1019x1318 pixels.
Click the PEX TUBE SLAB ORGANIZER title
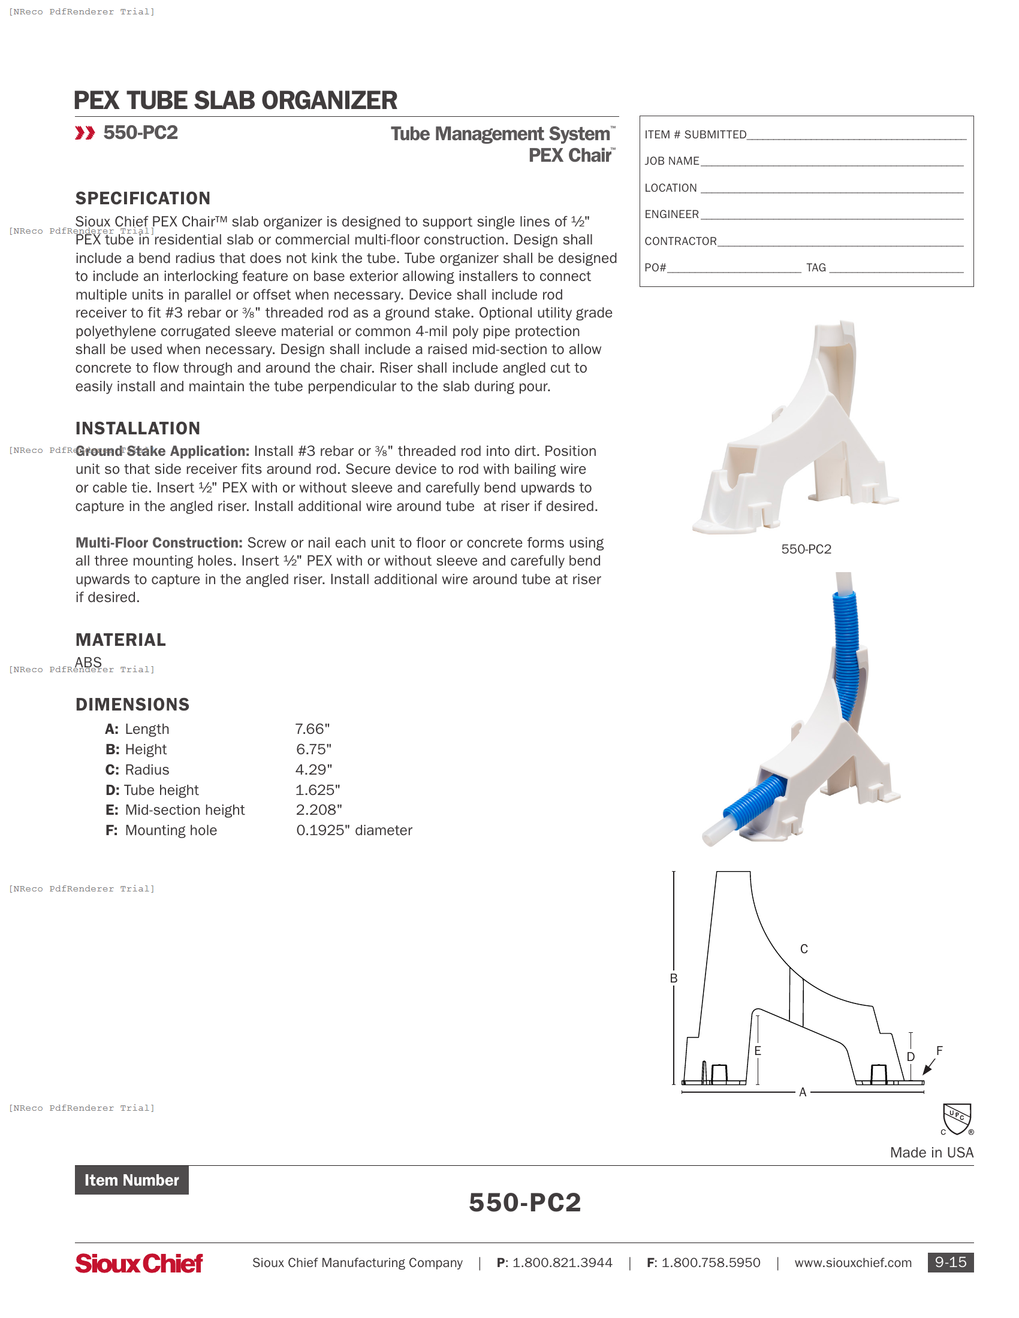coord(235,101)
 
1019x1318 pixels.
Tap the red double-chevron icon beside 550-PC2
coord(85,133)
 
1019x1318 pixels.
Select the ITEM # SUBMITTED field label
coord(695,135)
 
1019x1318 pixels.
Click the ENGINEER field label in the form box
coord(671,214)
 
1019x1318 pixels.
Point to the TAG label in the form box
coord(816,267)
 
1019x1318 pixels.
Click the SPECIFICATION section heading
coord(143,198)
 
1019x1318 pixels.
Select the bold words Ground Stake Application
coord(162,451)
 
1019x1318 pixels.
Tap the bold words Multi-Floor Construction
coord(159,543)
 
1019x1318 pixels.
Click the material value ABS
coord(88,662)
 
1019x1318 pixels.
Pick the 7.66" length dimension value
coord(312,729)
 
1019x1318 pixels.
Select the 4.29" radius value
coord(313,769)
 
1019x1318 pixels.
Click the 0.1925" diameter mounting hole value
coord(354,830)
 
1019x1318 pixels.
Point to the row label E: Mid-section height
coord(175,810)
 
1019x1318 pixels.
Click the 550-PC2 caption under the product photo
coord(806,549)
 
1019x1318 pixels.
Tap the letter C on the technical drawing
coord(803,949)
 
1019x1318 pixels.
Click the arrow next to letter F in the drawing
coord(928,1068)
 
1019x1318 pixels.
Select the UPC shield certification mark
coord(957,1119)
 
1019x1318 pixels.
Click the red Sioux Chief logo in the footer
coord(139,1263)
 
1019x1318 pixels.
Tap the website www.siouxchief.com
coord(852,1262)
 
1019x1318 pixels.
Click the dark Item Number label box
coord(132,1180)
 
